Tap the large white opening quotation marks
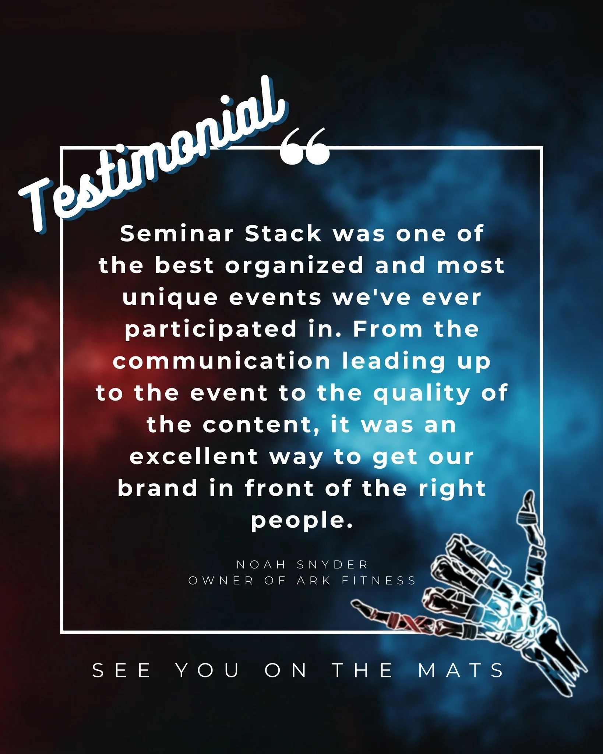304,147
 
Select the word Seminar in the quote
177,234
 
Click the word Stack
283,234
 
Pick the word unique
170,297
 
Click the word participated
211,330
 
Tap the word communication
222,361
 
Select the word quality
422,394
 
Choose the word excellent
194,457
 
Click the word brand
158,489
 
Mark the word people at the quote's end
301,521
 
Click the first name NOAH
261,564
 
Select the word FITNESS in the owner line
379,581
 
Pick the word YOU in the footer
208,670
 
